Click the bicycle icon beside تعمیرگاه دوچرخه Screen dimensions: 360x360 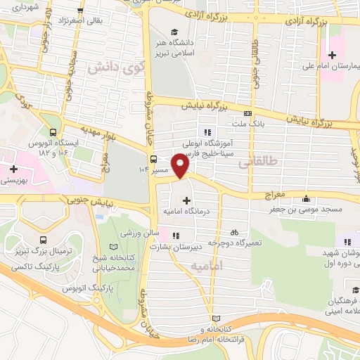(234, 231)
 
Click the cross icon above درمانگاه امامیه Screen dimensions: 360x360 (186, 200)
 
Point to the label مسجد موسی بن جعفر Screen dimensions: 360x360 (307, 209)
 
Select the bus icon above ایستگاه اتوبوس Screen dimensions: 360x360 (53, 131)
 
